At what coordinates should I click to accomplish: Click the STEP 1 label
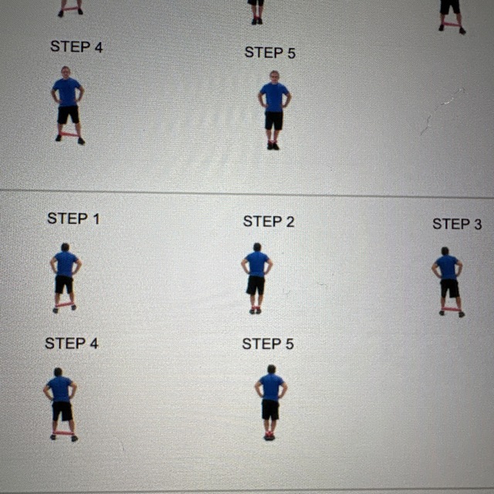tap(73, 218)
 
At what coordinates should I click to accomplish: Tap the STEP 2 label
tap(269, 222)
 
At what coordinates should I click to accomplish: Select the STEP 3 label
tap(462, 224)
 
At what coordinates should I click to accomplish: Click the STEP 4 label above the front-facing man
tap(76, 47)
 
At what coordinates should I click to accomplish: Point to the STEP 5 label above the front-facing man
tap(270, 52)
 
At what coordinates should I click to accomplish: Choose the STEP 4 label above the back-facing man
tap(72, 343)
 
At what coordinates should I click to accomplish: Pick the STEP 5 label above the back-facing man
tap(268, 344)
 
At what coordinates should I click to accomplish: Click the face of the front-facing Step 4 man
tap(66, 73)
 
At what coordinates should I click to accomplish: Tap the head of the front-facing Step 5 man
tap(274, 77)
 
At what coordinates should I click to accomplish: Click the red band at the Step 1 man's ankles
tap(64, 305)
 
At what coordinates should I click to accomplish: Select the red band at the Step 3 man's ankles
tap(451, 310)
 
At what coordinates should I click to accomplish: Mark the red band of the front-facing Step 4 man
tap(69, 134)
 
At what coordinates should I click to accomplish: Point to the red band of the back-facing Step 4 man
tap(63, 433)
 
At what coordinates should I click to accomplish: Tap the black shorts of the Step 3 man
tap(449, 289)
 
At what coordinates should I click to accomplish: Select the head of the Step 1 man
tap(65, 248)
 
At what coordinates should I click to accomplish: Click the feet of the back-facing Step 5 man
tap(269, 436)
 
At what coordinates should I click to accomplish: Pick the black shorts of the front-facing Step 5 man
tap(274, 121)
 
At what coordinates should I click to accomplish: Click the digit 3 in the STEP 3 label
tap(486, 224)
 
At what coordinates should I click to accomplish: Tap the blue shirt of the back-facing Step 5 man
tap(271, 387)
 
